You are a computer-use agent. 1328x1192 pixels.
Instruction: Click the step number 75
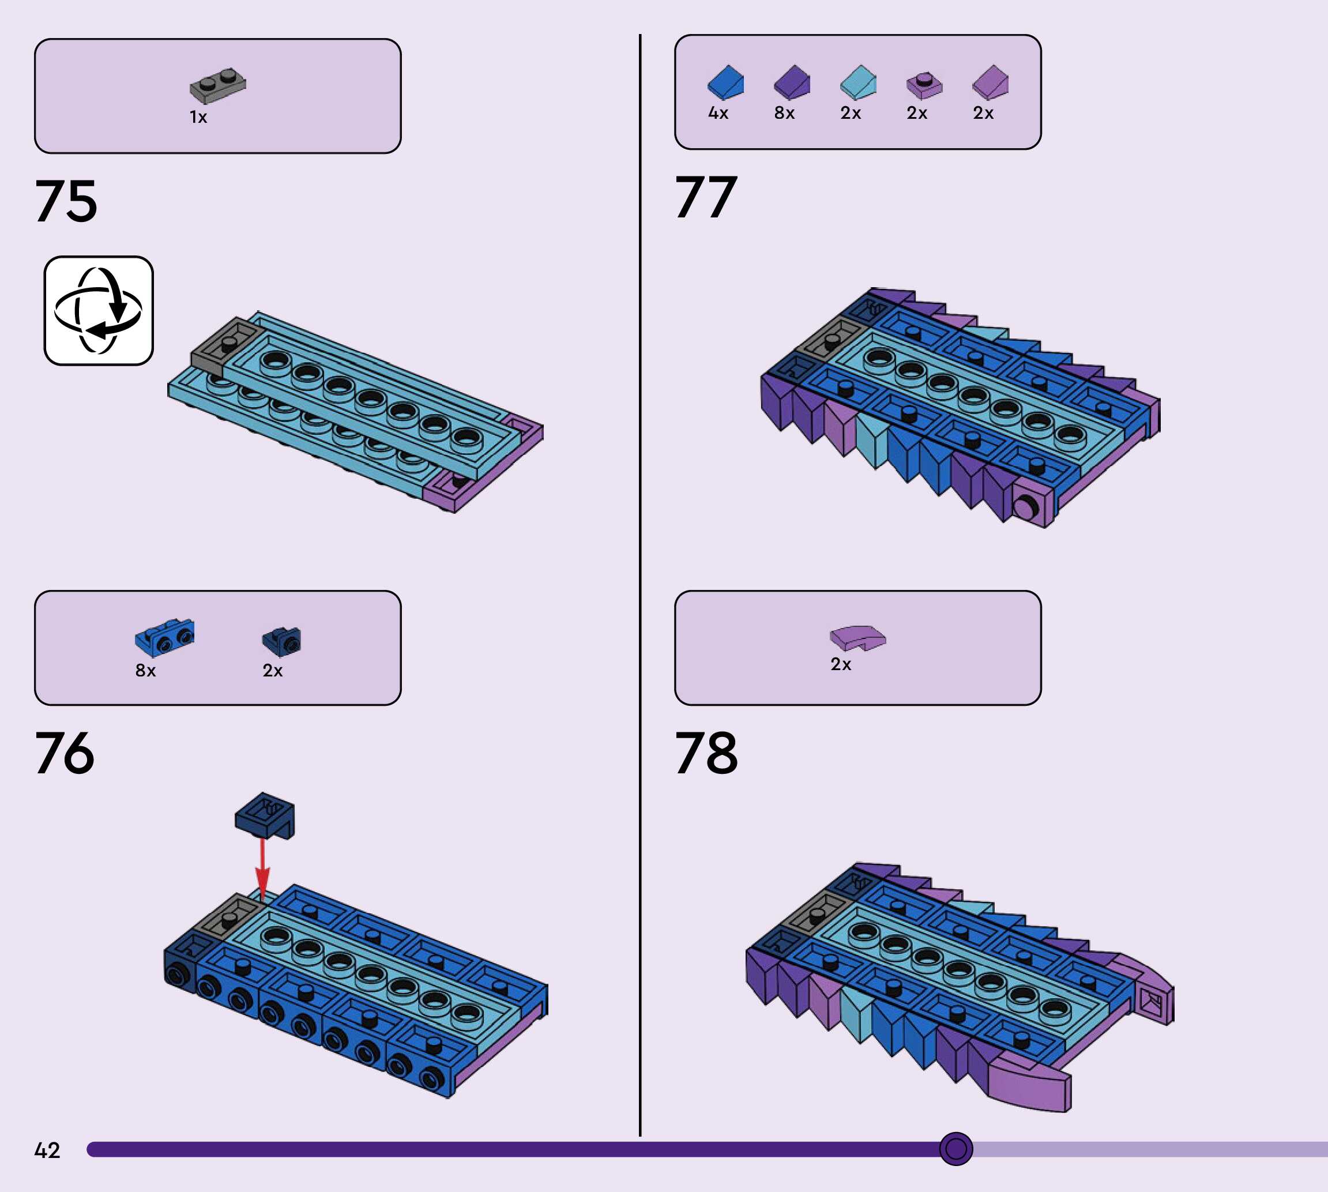[x=66, y=201]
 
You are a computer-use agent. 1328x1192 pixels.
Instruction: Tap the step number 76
[x=65, y=753]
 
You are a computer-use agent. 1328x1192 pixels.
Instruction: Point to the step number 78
[x=706, y=753]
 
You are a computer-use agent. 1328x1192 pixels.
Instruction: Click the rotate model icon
[x=98, y=310]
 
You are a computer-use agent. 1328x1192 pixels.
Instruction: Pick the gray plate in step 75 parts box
[x=218, y=86]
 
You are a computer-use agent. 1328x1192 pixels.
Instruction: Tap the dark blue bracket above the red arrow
[x=265, y=815]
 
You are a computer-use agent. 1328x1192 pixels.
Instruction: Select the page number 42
[x=47, y=1150]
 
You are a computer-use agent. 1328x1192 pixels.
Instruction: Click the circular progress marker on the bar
[x=956, y=1149]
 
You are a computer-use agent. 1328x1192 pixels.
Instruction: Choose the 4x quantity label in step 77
[x=718, y=113]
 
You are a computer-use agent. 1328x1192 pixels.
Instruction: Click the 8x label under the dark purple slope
[x=784, y=113]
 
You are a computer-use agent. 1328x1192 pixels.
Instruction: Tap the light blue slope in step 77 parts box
[x=858, y=82]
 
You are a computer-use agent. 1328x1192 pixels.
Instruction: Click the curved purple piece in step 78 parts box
[x=857, y=637]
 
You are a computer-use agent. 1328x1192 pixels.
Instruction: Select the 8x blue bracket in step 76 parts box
[x=164, y=637]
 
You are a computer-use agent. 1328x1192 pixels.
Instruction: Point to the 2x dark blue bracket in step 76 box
[x=281, y=641]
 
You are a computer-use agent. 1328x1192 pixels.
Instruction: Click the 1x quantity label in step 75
[x=198, y=117]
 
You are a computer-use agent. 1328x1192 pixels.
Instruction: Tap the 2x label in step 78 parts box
[x=841, y=664]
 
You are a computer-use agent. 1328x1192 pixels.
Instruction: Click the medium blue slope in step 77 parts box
[x=725, y=82]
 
